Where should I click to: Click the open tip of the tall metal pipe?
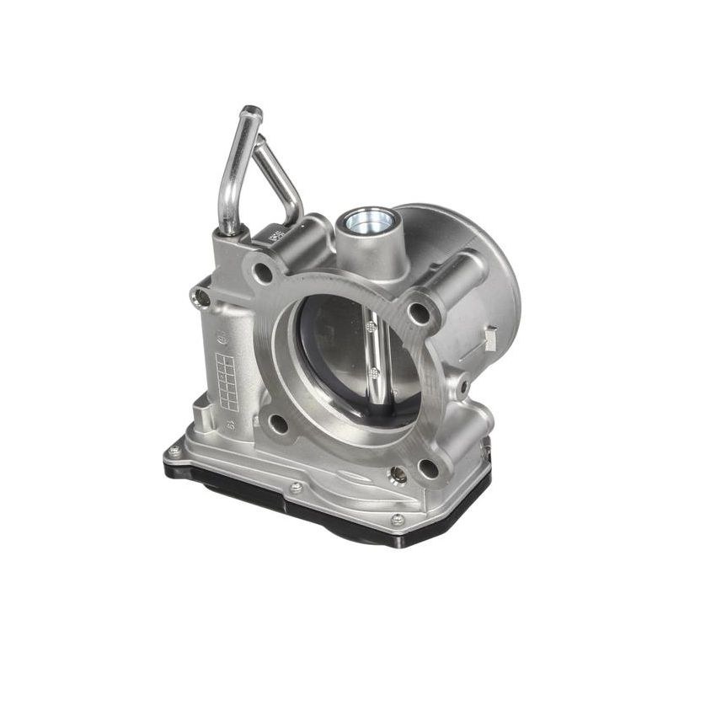251,112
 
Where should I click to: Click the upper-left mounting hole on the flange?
264,273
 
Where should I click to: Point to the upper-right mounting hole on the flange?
419,313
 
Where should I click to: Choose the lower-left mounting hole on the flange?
277,424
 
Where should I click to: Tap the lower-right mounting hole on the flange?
428,468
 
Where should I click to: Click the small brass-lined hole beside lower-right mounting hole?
398,476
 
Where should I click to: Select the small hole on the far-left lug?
201,297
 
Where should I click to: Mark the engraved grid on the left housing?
227,381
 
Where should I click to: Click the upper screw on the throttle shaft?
371,327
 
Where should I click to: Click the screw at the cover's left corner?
174,452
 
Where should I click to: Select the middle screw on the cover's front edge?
296,488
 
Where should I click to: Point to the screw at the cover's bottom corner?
397,520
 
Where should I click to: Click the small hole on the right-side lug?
463,387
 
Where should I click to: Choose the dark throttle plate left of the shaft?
333,354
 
